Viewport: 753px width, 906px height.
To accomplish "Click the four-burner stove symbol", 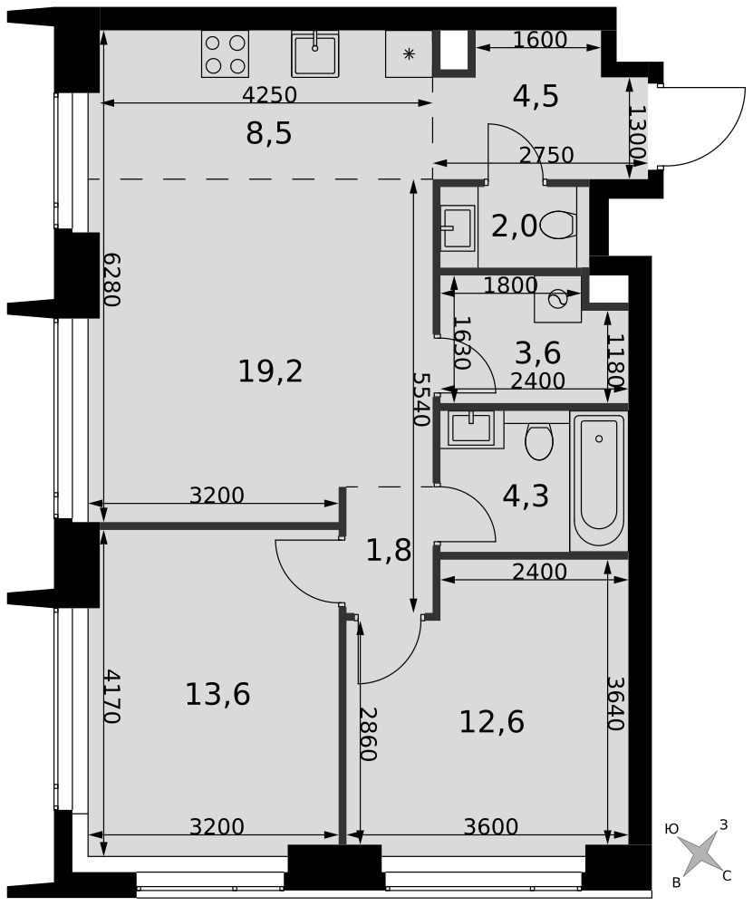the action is (x=225, y=53).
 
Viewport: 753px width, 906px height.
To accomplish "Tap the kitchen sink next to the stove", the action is (x=314, y=53).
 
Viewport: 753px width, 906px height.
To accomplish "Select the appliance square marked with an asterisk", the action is (x=410, y=53).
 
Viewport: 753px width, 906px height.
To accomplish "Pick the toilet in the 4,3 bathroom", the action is (x=539, y=441).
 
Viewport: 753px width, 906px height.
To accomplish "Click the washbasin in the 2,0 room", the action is (x=459, y=227).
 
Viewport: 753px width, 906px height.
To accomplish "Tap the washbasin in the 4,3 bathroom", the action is (x=471, y=429).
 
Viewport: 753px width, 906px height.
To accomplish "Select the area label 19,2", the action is (x=270, y=371).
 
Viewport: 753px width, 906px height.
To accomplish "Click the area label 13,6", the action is (x=217, y=694).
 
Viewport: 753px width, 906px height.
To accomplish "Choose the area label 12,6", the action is (x=492, y=722).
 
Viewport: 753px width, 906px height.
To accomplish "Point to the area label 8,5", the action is (x=269, y=134).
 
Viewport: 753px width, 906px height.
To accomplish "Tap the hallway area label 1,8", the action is (x=389, y=550).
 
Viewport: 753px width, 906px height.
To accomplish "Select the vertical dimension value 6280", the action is (x=112, y=280).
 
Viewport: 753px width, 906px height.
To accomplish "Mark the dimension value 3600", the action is (x=491, y=826).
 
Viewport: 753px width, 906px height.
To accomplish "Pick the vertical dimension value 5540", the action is (x=421, y=399).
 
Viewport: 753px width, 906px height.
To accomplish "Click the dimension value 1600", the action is (x=540, y=39).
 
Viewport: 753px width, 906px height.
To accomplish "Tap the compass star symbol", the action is (x=701, y=853).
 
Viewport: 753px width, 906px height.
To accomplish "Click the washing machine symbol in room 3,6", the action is (x=557, y=299).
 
